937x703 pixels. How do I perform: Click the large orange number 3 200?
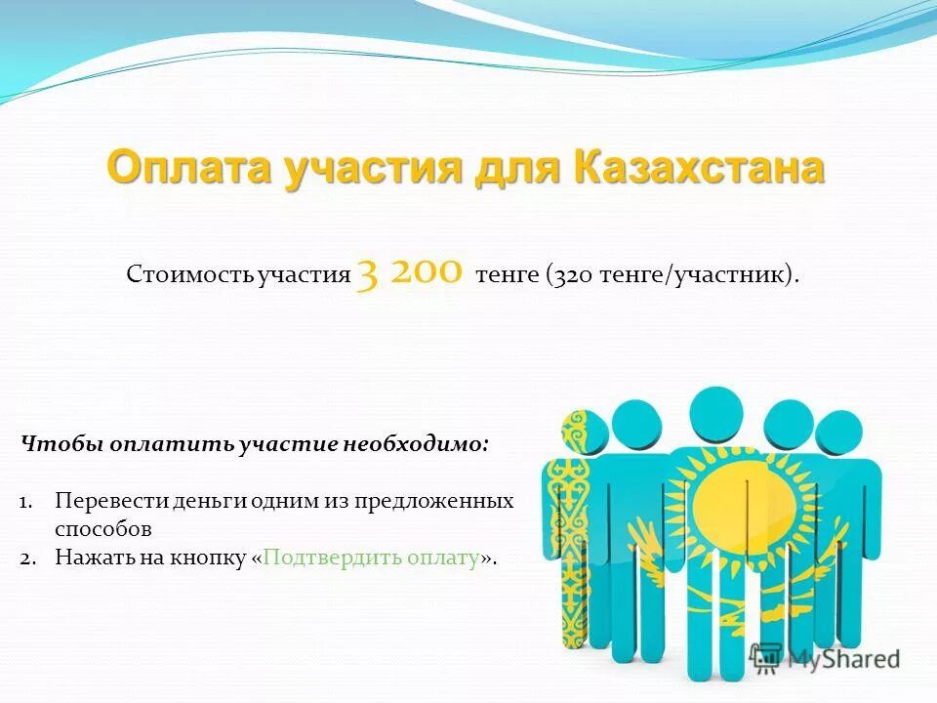[x=409, y=271]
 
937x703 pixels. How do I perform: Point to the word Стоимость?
[x=189, y=275]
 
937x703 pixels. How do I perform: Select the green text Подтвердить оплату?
[x=372, y=558]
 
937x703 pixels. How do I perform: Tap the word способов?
[x=103, y=529]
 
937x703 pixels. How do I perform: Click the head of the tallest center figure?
[x=716, y=416]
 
